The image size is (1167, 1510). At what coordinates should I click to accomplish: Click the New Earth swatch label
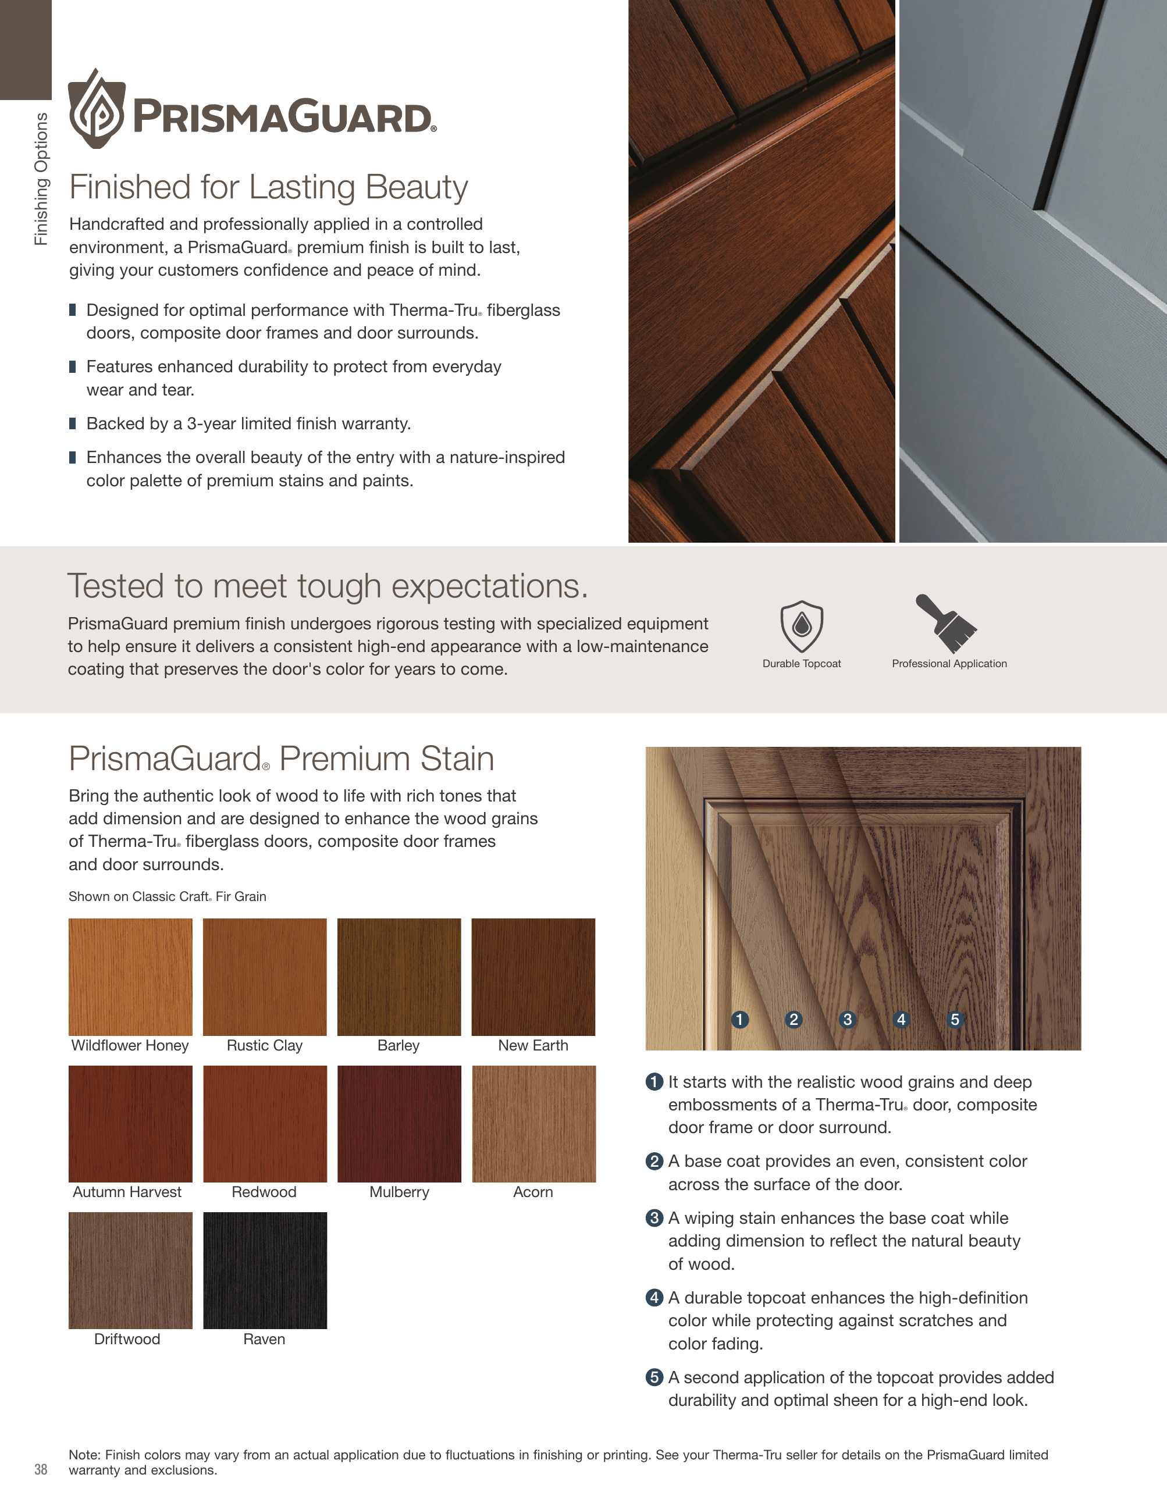tap(533, 1045)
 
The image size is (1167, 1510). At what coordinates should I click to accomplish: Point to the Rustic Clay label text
tap(265, 1045)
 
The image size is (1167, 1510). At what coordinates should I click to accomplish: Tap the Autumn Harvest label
tap(127, 1192)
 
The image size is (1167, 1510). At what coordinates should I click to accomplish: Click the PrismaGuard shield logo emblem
tap(97, 109)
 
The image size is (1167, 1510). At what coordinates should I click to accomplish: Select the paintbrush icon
tap(946, 623)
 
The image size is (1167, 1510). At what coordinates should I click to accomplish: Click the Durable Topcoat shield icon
tap(802, 626)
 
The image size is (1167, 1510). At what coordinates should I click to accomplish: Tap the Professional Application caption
tap(949, 664)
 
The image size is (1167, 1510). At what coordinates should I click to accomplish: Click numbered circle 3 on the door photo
tap(848, 1019)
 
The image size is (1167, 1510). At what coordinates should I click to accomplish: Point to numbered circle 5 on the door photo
tap(955, 1019)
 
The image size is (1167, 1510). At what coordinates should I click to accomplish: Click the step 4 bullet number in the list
tap(654, 1298)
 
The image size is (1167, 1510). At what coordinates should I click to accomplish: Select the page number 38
tap(41, 1469)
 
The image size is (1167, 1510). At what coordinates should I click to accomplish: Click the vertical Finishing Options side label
tap(41, 179)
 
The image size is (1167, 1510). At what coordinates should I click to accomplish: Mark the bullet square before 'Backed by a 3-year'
tap(73, 423)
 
